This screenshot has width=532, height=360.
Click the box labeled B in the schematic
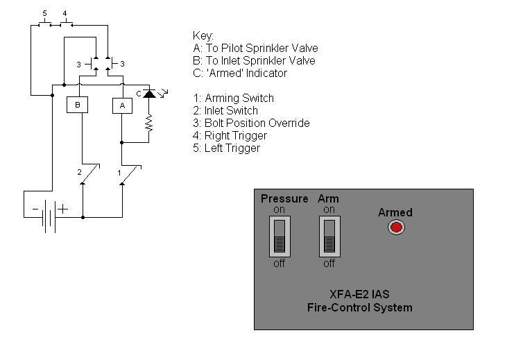pyautogui.click(x=78, y=105)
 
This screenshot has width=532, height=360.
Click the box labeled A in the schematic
pyautogui.click(x=122, y=105)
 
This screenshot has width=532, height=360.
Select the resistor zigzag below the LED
pyautogui.click(x=148, y=123)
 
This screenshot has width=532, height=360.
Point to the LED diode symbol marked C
pyautogui.click(x=148, y=93)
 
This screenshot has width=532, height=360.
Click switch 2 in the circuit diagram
pyautogui.click(x=89, y=174)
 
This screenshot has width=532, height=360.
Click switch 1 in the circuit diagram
pyautogui.click(x=130, y=174)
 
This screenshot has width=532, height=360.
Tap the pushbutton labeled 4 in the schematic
pyautogui.click(x=65, y=24)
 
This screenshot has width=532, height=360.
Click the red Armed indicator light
pyautogui.click(x=396, y=227)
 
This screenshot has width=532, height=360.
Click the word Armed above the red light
pyautogui.click(x=395, y=212)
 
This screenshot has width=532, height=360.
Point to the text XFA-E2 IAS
pyautogui.click(x=360, y=294)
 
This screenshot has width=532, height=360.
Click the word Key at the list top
pyautogui.click(x=203, y=36)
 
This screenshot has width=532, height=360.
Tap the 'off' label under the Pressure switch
pyautogui.click(x=280, y=264)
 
